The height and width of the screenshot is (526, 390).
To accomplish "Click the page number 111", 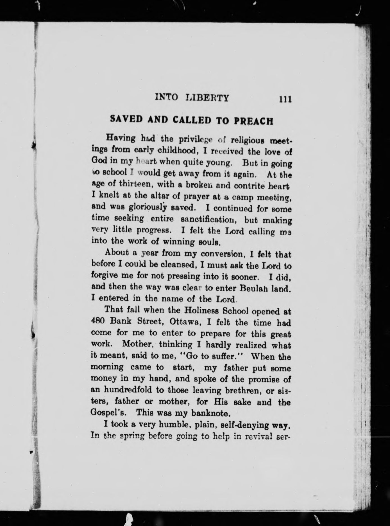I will coord(284,99).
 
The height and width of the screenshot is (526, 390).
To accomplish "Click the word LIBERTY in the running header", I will coord(207,98).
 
